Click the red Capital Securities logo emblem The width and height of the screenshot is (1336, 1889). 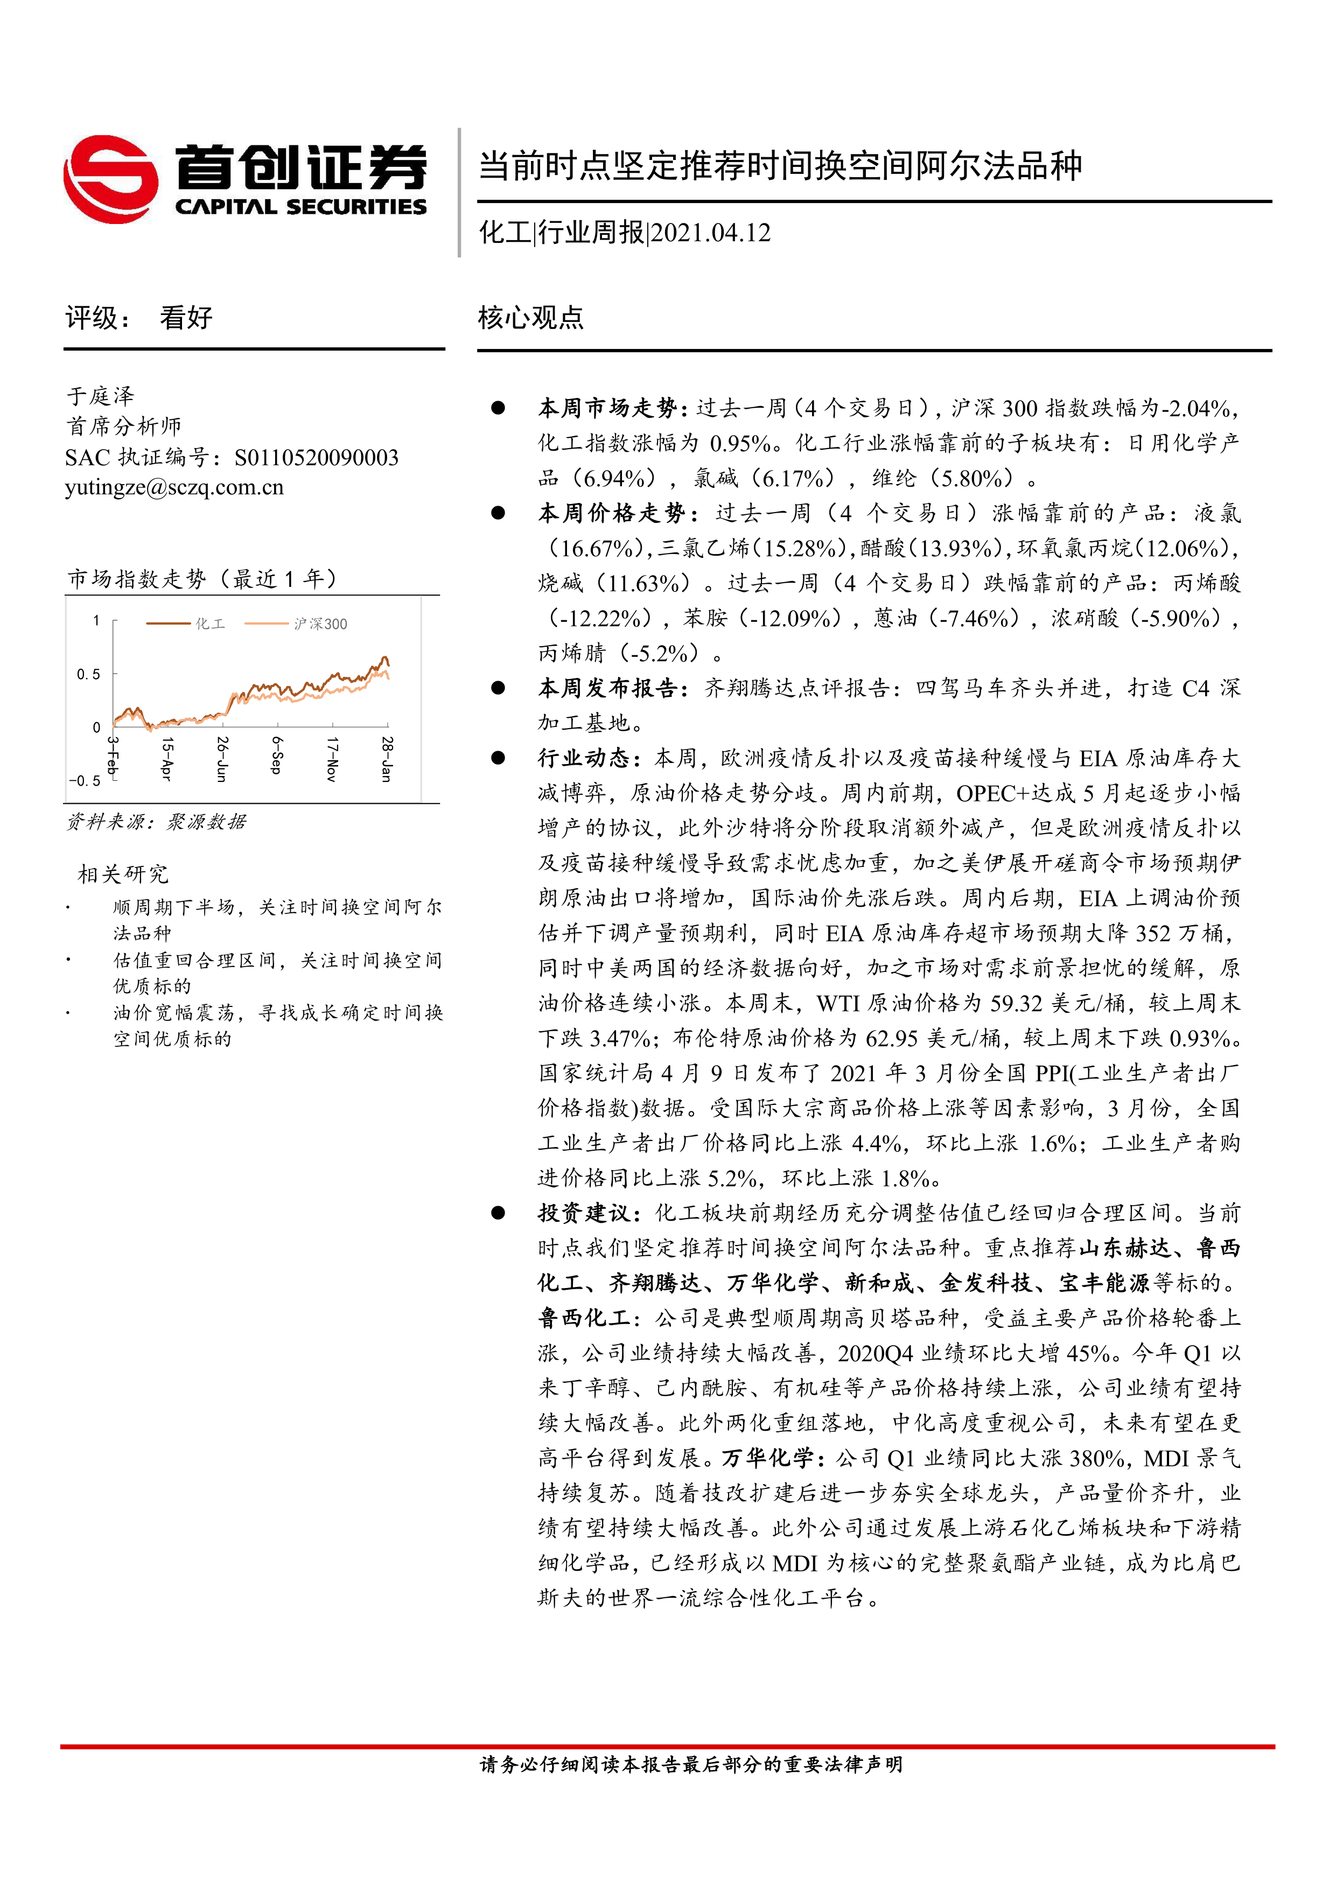[110, 179]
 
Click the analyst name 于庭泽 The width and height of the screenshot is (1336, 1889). [100, 396]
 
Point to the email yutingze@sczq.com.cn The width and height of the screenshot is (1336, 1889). [174, 487]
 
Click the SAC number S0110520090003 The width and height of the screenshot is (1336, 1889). [316, 457]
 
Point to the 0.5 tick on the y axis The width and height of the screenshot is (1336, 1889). [88, 674]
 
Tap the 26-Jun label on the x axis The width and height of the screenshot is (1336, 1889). [221, 759]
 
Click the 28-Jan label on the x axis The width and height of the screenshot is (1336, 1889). [387, 759]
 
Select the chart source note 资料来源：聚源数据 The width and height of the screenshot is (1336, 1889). [156, 822]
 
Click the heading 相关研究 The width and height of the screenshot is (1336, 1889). [123, 873]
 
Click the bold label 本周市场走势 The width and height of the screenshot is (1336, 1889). [607, 408]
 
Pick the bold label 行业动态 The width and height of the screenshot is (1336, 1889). [583, 758]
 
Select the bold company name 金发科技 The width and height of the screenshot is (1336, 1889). [985, 1283]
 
